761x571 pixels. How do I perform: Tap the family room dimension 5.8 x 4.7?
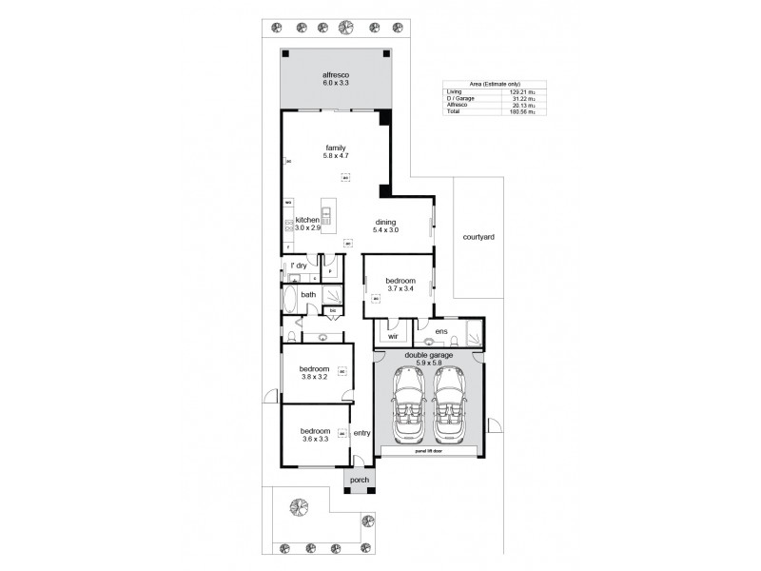tap(335, 156)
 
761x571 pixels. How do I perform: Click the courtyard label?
tap(477, 235)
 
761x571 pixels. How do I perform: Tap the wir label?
tap(391, 336)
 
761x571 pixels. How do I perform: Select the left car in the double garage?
tap(411, 405)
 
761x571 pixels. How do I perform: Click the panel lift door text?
tap(430, 452)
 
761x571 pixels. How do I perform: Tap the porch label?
tap(360, 480)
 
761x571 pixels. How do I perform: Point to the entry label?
tap(361, 433)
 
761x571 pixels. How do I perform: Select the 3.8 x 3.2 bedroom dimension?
tap(314, 377)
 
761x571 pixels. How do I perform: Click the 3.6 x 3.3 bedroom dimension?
tap(314, 439)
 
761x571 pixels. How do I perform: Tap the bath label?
tap(308, 295)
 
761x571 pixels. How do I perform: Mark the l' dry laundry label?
tap(298, 266)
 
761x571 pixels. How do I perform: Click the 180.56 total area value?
tap(518, 112)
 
